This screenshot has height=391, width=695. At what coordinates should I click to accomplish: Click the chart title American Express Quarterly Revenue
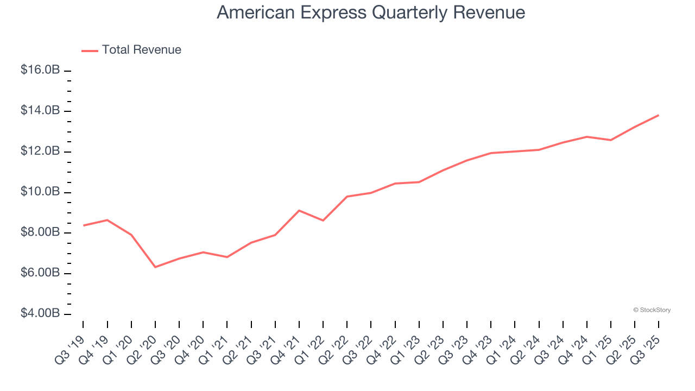point(371,12)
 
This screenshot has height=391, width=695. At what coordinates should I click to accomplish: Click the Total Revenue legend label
point(142,50)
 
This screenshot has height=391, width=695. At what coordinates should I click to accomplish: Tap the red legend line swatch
point(90,51)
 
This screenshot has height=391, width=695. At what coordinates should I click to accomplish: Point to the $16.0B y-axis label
point(40,70)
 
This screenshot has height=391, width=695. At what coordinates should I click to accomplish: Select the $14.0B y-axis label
point(40,111)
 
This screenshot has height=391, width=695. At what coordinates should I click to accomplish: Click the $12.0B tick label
point(40,151)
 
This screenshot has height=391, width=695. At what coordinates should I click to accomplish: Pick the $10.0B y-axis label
point(40,192)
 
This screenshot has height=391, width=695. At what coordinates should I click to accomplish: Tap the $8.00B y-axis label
point(40,232)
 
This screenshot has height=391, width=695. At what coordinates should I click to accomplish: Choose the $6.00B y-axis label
point(40,273)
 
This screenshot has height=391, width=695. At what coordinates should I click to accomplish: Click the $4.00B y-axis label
point(40,314)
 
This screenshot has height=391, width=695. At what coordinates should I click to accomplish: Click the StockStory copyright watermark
point(652,310)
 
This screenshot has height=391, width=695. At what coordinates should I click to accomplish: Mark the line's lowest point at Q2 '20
point(155,267)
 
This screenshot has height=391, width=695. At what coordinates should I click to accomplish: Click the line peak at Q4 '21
point(299,210)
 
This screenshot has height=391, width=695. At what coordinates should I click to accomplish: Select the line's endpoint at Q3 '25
point(659,115)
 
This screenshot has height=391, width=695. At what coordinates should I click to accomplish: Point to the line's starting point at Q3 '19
point(83,225)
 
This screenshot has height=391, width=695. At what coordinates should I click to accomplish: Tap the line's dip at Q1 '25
point(611,140)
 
